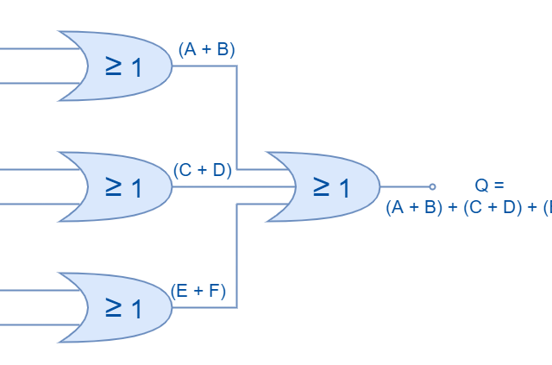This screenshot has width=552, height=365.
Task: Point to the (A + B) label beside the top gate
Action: coord(206,50)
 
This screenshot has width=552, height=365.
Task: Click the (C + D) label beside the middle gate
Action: coord(203,170)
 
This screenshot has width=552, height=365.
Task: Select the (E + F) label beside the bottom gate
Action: coord(198,291)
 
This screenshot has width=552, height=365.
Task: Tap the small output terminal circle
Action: coord(432,186)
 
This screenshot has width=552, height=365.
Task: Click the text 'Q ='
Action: coord(488,185)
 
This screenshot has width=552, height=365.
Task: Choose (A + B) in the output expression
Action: coord(414,207)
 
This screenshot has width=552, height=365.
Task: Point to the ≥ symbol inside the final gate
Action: coord(321,186)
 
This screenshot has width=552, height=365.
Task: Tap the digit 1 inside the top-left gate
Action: coord(136,67)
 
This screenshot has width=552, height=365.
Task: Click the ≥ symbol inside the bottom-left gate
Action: coord(113,307)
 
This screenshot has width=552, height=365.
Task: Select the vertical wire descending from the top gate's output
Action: coord(236,116)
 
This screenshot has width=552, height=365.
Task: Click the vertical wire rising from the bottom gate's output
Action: coord(236,256)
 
